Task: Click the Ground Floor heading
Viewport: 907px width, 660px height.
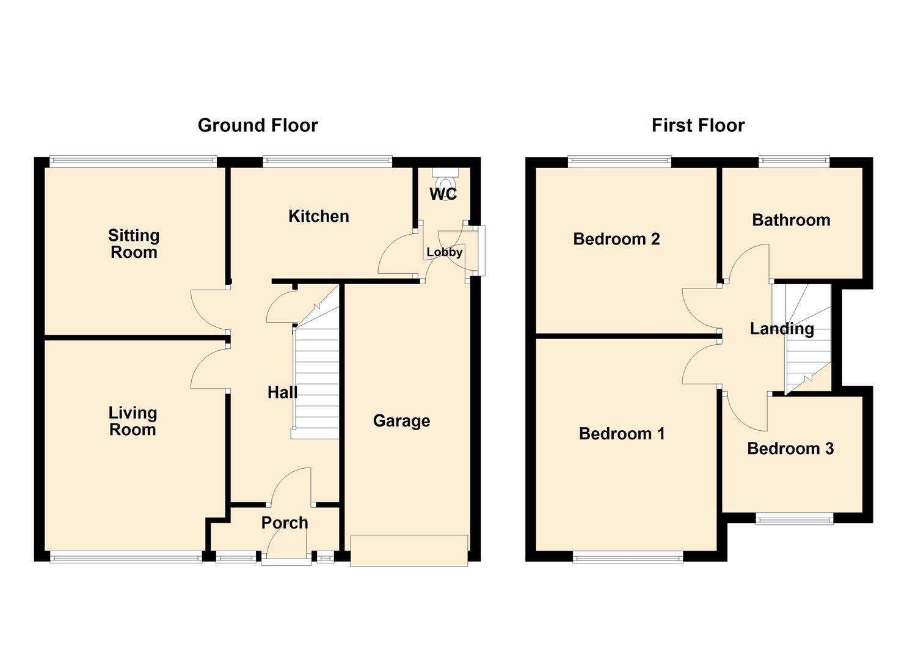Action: click(258, 125)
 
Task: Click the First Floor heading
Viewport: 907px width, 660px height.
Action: click(698, 125)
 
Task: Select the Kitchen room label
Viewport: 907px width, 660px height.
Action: click(318, 216)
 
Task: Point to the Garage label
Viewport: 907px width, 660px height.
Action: click(401, 421)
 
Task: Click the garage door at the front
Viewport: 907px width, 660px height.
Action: click(409, 551)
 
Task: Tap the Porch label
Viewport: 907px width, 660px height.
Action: click(285, 523)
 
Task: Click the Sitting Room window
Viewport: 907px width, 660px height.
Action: click(133, 162)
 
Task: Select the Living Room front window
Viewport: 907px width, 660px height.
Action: click(126, 556)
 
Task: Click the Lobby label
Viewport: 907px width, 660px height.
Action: click(444, 252)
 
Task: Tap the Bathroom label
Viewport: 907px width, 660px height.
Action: click(791, 221)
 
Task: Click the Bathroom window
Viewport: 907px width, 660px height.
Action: click(794, 162)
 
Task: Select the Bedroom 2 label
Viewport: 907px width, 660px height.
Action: click(616, 239)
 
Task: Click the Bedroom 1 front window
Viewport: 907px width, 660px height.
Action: click(627, 556)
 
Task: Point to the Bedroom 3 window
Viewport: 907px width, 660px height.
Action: click(794, 519)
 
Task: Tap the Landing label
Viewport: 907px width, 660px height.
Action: click(782, 329)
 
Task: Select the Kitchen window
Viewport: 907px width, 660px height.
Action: click(327, 162)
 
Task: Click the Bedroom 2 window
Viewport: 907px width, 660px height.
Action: click(619, 162)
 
